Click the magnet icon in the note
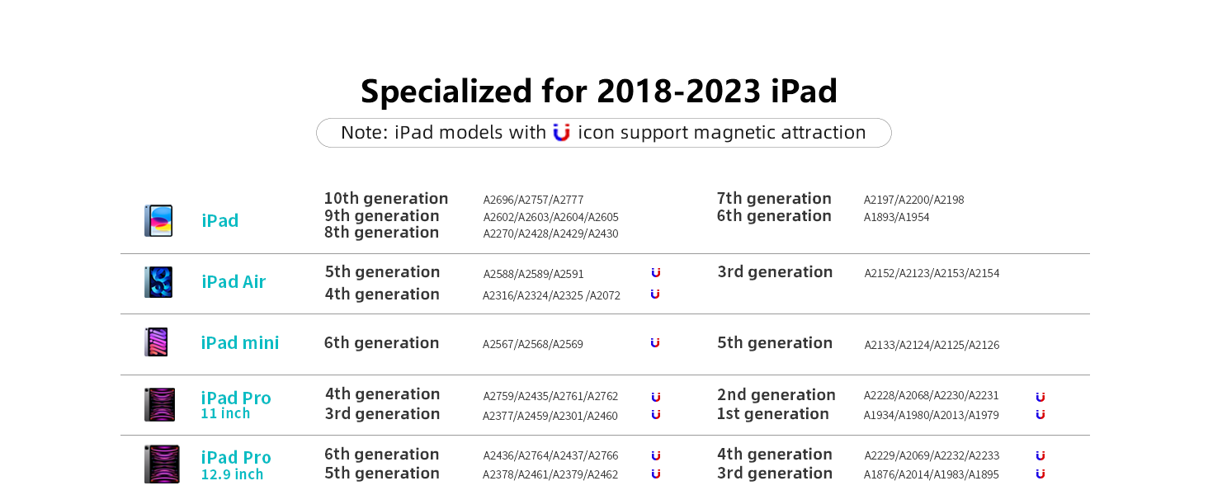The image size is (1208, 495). pyautogui.click(x=561, y=133)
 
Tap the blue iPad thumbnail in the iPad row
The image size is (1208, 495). pyautogui.click(x=158, y=220)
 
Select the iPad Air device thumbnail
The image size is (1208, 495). pyautogui.click(x=158, y=282)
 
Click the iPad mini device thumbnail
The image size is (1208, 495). pyautogui.click(x=157, y=342)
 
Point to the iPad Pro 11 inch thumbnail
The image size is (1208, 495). pyautogui.click(x=159, y=404)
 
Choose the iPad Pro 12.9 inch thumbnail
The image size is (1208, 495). pyautogui.click(x=162, y=464)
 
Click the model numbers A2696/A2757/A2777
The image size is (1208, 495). pyautogui.click(x=533, y=200)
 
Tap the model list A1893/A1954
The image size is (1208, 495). pyautogui.click(x=896, y=217)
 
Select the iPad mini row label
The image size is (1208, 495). pyautogui.click(x=240, y=343)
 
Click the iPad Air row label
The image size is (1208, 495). pyautogui.click(x=234, y=282)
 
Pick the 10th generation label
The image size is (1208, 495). pyautogui.click(x=386, y=199)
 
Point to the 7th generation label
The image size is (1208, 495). pyautogui.click(x=774, y=199)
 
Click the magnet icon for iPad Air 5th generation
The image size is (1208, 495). pyautogui.click(x=656, y=273)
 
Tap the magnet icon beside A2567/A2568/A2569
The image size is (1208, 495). pyautogui.click(x=655, y=343)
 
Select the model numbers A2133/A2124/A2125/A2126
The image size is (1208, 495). pyautogui.click(x=932, y=345)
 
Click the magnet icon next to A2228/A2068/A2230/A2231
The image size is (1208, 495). pyautogui.click(x=1040, y=398)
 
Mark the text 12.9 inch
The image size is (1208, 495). pyautogui.click(x=233, y=474)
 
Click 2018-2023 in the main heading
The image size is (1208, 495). pyautogui.click(x=679, y=91)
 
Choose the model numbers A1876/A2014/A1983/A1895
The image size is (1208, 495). pyautogui.click(x=932, y=474)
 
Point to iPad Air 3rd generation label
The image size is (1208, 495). pyautogui.click(x=775, y=271)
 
